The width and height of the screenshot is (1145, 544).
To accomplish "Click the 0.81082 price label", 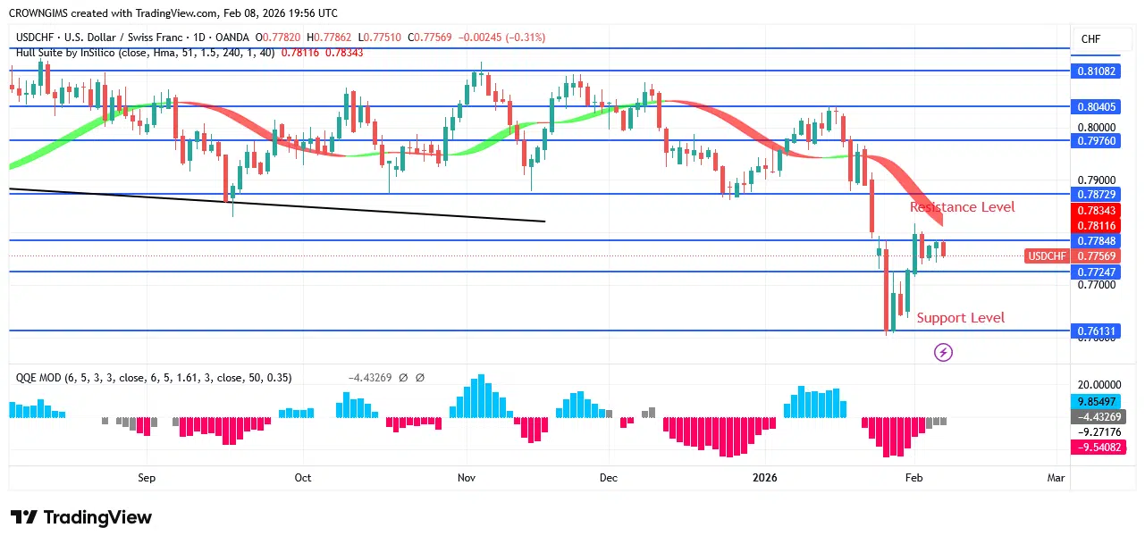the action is pos(1096,71).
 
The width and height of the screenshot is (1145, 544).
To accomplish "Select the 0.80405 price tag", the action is pos(1096,107).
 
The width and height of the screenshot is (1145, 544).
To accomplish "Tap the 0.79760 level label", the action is pos(1096,140).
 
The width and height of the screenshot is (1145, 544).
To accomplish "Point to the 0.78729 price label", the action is pos(1096,194).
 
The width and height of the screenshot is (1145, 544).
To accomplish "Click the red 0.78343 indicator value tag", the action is pos(1096,211).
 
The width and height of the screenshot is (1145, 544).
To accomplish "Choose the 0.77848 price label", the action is pos(1096,240).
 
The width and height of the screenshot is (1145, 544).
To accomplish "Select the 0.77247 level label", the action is pos(1096,272).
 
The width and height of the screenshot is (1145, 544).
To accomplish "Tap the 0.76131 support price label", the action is pos(1096,331).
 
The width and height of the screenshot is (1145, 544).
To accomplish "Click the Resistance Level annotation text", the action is pos(962,207).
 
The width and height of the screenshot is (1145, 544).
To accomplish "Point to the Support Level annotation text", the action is pos(961,318).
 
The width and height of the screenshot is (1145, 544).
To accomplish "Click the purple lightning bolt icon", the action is pos(943,353).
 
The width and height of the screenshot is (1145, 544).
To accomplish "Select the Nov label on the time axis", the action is pos(467,478).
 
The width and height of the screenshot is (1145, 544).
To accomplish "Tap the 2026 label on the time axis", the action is pos(765,478).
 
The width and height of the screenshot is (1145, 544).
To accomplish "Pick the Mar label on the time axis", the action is pos(1056,478).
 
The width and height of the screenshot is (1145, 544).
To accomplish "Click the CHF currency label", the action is pos(1090,39).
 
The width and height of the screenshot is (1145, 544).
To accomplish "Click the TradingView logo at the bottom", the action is pos(81,517).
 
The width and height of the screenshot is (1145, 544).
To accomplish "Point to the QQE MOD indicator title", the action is pos(154,378).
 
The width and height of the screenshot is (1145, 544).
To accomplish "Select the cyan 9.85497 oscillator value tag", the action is pos(1096,401).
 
